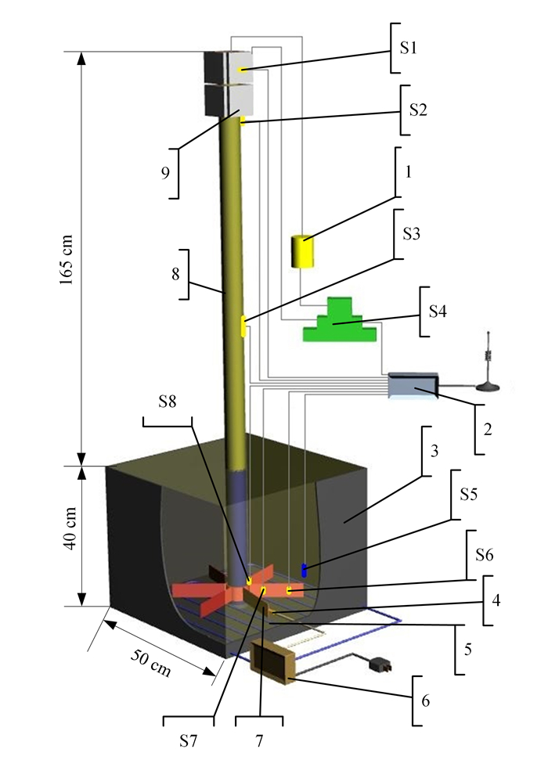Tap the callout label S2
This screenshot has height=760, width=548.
414,107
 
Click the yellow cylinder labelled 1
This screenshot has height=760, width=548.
302,251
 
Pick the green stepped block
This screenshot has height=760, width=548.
341,322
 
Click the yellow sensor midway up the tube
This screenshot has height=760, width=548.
243,326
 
